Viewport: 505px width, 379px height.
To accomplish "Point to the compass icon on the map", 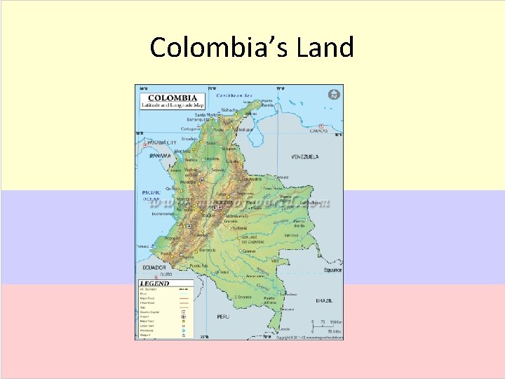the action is click(334, 94).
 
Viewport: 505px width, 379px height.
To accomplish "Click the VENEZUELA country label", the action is click(305, 157).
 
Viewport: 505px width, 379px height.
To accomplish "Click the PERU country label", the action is click(223, 317).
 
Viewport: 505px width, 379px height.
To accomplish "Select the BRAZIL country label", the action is click(324, 300).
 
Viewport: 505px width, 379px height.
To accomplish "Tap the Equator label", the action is click(332, 270).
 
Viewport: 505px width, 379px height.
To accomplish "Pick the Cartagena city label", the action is click(191, 129).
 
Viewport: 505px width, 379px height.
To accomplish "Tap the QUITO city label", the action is click(166, 274).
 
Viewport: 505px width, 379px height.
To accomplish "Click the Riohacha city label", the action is click(229, 109).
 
